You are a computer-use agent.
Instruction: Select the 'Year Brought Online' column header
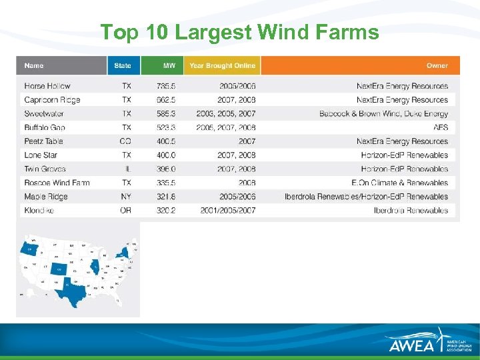(221, 65)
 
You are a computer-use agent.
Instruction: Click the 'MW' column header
(169, 65)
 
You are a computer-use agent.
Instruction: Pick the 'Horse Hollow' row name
(47, 86)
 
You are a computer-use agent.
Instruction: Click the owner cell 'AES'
(441, 127)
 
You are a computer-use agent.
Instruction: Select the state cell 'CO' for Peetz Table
(125, 141)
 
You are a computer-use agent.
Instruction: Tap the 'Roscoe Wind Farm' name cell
(57, 183)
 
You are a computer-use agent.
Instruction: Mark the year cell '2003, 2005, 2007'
(226, 114)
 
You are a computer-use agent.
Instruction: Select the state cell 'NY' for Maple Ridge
(125, 197)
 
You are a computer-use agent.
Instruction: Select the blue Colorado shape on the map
(60, 269)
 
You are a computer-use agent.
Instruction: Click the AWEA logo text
(412, 344)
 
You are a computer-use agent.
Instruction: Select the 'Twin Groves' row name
(45, 169)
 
